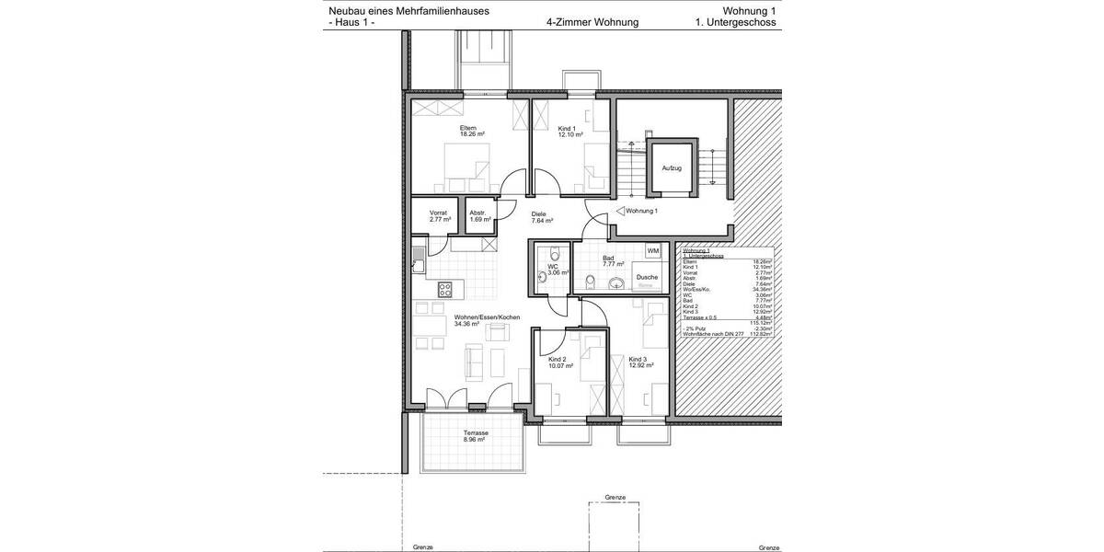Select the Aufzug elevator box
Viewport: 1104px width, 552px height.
click(x=672, y=168)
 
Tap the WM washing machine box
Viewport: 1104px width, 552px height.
click(x=652, y=251)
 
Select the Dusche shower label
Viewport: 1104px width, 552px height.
click(x=647, y=277)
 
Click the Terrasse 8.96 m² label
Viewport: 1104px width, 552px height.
click(x=476, y=436)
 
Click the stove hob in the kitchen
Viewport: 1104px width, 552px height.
click(x=444, y=289)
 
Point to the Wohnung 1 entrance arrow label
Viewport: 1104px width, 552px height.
click(x=642, y=211)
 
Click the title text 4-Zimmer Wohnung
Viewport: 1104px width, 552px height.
click(x=592, y=22)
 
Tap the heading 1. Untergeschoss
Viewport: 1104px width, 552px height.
click(x=736, y=22)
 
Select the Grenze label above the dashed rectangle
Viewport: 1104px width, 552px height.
click(x=615, y=498)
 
